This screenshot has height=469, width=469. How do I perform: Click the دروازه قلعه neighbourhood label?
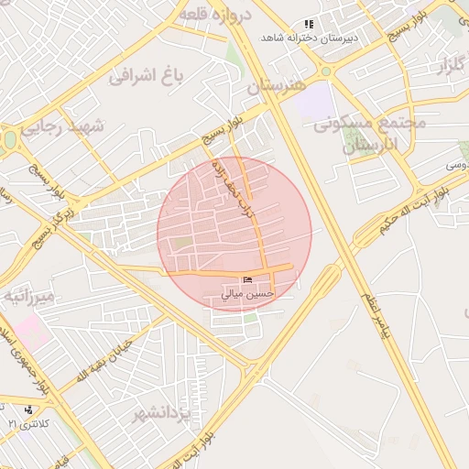(x=210, y=15)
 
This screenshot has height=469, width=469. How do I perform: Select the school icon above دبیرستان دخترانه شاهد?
(x=310, y=24)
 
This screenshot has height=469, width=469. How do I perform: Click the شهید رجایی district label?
(x=64, y=126)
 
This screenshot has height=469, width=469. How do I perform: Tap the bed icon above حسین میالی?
(x=247, y=279)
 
